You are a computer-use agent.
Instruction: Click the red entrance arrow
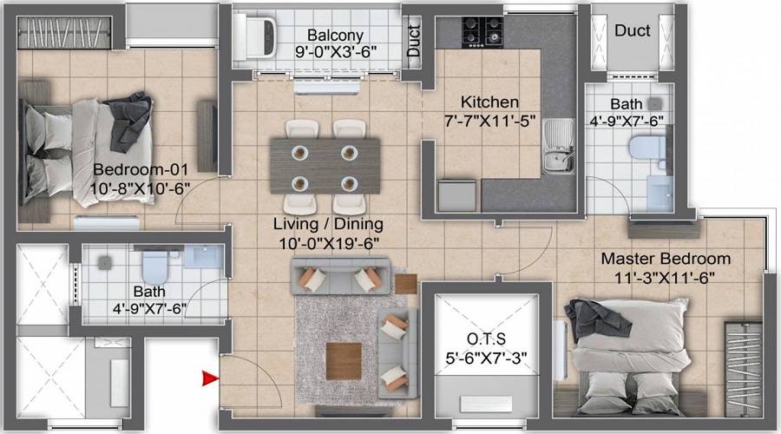209,378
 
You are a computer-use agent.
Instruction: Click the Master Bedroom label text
666,259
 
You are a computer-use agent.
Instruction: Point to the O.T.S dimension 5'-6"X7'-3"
485,356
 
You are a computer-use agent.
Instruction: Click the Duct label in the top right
633,30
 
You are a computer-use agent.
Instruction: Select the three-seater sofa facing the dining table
338,278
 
